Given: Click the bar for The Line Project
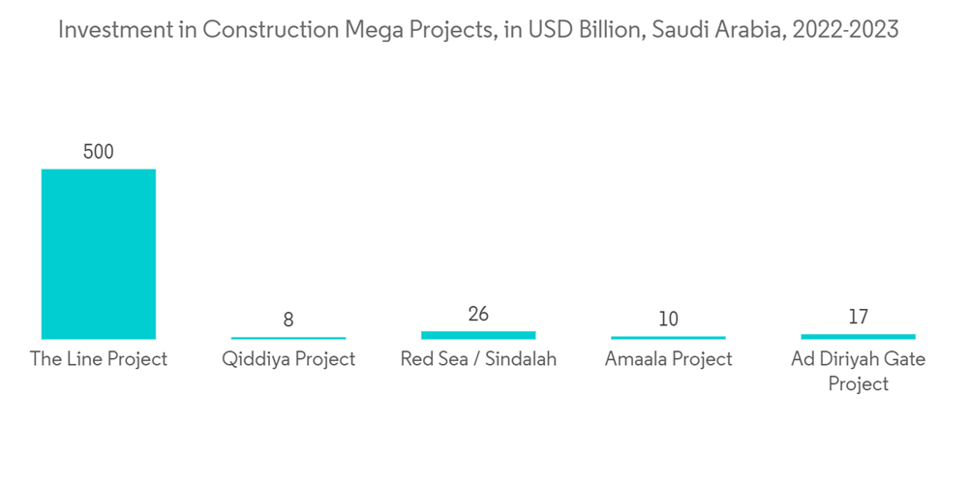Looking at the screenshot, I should pyautogui.click(x=98, y=254).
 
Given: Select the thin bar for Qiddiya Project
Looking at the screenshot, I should pyautogui.click(x=288, y=338).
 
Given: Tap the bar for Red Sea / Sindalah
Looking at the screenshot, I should pyautogui.click(x=478, y=334).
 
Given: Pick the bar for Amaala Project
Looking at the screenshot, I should pyautogui.click(x=668, y=338).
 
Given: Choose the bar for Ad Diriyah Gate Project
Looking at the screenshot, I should pyautogui.click(x=858, y=336).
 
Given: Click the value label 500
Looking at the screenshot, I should pyautogui.click(x=98, y=152).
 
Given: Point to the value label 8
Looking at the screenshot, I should pyautogui.click(x=288, y=320).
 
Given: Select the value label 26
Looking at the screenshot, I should pyautogui.click(x=478, y=314).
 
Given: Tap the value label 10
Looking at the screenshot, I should pyautogui.click(x=668, y=319).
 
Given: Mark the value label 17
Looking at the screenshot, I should pyautogui.click(x=858, y=317).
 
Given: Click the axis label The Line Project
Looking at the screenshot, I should pyautogui.click(x=98, y=359).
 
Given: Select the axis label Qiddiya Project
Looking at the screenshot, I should pyautogui.click(x=288, y=359).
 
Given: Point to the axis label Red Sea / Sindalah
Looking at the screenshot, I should pyautogui.click(x=478, y=359).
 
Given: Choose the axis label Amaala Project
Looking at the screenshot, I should pyautogui.click(x=668, y=359).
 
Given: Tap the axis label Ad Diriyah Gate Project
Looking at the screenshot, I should pyautogui.click(x=858, y=371).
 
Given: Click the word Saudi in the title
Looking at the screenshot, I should pyautogui.click(x=682, y=30).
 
